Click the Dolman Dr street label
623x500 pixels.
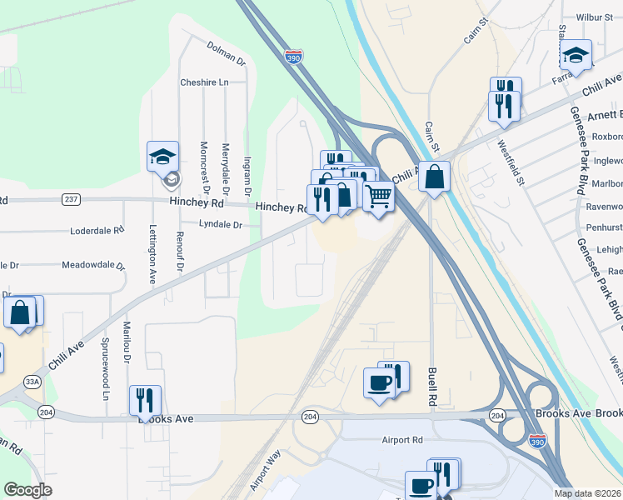227,55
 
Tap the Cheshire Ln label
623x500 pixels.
204,82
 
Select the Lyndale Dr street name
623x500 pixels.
220,224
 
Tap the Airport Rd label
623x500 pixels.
402,440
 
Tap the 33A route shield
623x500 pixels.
32,382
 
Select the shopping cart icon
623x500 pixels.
378,197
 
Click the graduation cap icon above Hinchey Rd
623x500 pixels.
163,155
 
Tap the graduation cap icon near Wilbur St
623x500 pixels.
576,55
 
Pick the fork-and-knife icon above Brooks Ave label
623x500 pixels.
146,401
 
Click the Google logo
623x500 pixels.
27,490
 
